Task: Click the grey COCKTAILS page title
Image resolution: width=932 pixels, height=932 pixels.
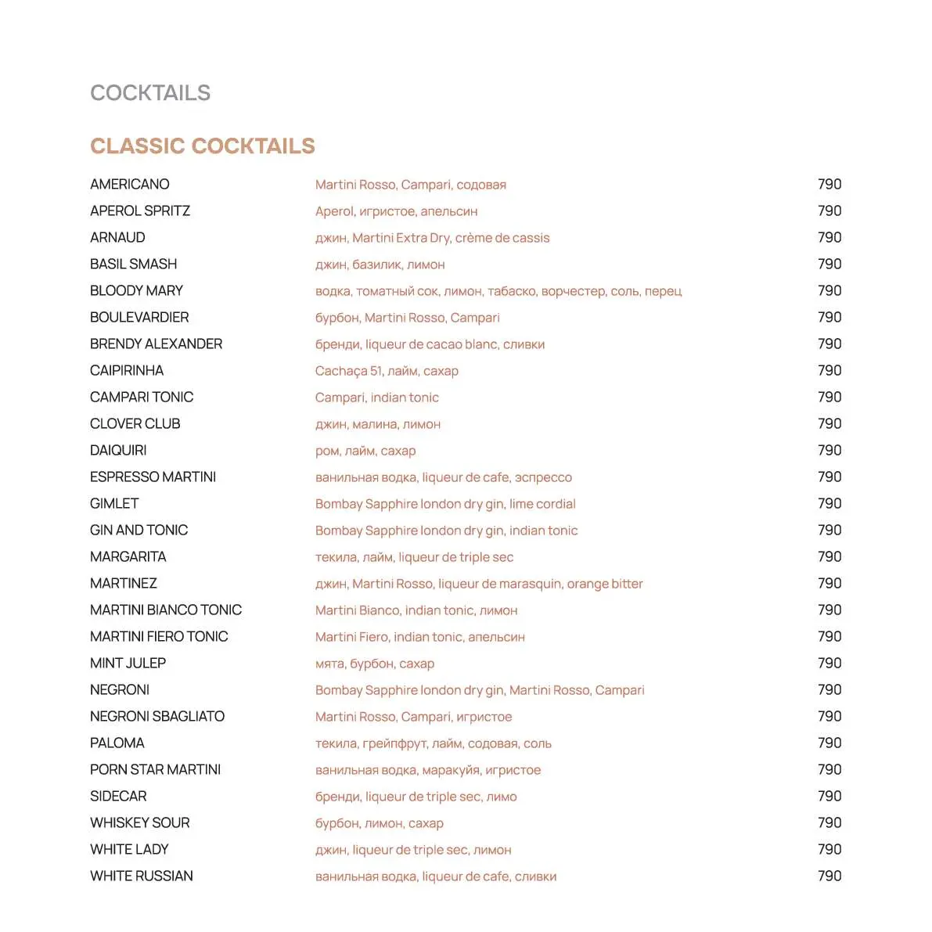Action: [150, 93]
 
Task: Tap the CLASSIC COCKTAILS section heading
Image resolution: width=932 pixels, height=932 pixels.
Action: [202, 146]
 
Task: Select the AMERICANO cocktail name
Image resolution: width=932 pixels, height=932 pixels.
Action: [129, 185]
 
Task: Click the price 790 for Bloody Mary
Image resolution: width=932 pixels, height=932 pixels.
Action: [829, 291]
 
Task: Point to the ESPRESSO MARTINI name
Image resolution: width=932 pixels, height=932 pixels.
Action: [153, 477]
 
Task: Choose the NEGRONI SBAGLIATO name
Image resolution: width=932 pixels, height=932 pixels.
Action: [157, 717]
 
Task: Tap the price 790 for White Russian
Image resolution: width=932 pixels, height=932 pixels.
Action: [829, 876]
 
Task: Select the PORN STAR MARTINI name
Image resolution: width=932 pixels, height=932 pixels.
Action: [155, 770]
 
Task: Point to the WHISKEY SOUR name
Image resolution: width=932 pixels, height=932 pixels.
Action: [139, 823]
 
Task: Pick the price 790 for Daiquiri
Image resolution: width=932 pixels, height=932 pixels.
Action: [829, 451]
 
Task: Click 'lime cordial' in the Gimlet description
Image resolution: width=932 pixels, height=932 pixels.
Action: [542, 504]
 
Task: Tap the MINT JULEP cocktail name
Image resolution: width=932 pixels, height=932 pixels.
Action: [128, 664]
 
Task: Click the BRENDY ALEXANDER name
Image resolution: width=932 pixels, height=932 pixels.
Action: [156, 344]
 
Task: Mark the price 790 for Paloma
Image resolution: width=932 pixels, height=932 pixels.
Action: [829, 743]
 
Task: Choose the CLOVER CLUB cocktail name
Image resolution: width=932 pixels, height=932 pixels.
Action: [135, 424]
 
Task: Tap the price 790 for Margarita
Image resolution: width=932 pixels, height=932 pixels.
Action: [829, 557]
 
